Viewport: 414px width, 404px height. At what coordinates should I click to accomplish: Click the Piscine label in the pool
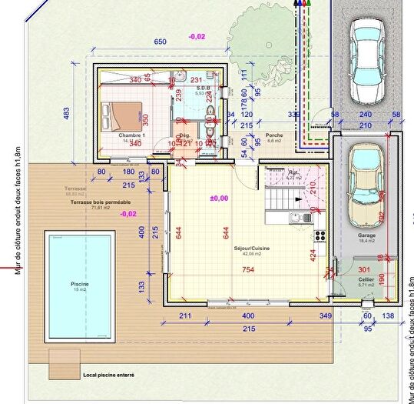(x=80, y=284)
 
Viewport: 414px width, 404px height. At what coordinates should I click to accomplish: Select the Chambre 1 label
(x=131, y=135)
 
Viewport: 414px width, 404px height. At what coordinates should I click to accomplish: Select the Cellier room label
(x=365, y=281)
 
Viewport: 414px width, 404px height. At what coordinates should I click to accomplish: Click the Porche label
(x=273, y=135)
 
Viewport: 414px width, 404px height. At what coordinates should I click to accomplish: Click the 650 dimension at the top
(x=161, y=42)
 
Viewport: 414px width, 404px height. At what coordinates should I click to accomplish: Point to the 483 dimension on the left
(x=65, y=114)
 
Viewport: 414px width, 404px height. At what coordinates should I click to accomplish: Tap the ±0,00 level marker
(x=220, y=199)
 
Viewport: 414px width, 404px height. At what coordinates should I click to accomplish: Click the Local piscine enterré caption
(x=108, y=376)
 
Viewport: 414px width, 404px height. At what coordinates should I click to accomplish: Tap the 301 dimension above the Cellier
(x=364, y=269)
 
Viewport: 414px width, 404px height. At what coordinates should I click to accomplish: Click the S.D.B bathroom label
(x=203, y=88)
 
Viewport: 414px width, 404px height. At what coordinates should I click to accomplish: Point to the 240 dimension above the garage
(x=366, y=114)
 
